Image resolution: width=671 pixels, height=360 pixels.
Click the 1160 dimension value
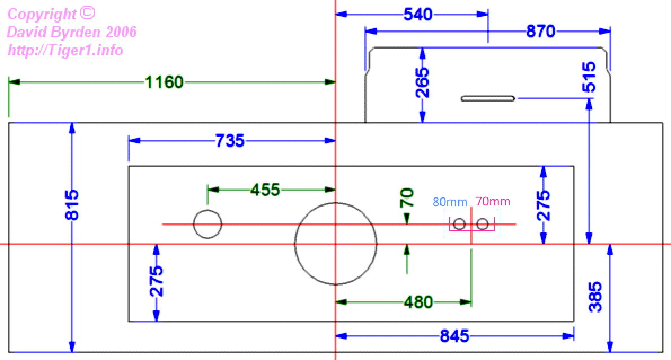coord(164,82)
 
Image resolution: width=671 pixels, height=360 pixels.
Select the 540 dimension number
coord(418,15)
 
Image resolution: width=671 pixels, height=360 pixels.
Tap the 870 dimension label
coord(541,31)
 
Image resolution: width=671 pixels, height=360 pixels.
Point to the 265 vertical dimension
coord(422,82)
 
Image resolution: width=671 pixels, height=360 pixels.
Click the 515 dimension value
coord(589,77)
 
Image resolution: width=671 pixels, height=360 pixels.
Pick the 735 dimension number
coord(230,141)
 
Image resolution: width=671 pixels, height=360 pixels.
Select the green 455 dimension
coord(266,190)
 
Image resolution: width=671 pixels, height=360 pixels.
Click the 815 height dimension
coord(72,205)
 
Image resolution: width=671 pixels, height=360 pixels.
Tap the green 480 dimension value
coord(418,302)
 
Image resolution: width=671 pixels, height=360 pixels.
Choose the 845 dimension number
coord(454,336)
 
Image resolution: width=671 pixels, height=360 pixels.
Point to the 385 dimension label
coord(595,297)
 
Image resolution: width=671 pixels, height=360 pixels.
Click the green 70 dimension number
coord(407,197)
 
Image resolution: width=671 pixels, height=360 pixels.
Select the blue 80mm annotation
coord(450,201)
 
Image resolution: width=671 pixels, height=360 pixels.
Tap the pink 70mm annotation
coord(493,201)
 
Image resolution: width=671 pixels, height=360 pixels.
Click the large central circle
coord(377,244)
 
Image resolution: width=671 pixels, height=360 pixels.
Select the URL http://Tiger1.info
coord(65,51)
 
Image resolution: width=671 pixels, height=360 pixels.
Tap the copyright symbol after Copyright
coord(87,13)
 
